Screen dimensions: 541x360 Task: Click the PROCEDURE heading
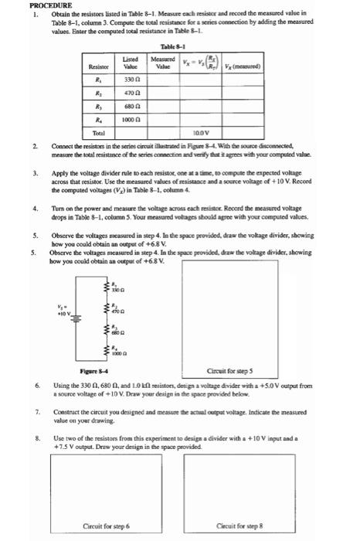(x=29, y=5)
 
